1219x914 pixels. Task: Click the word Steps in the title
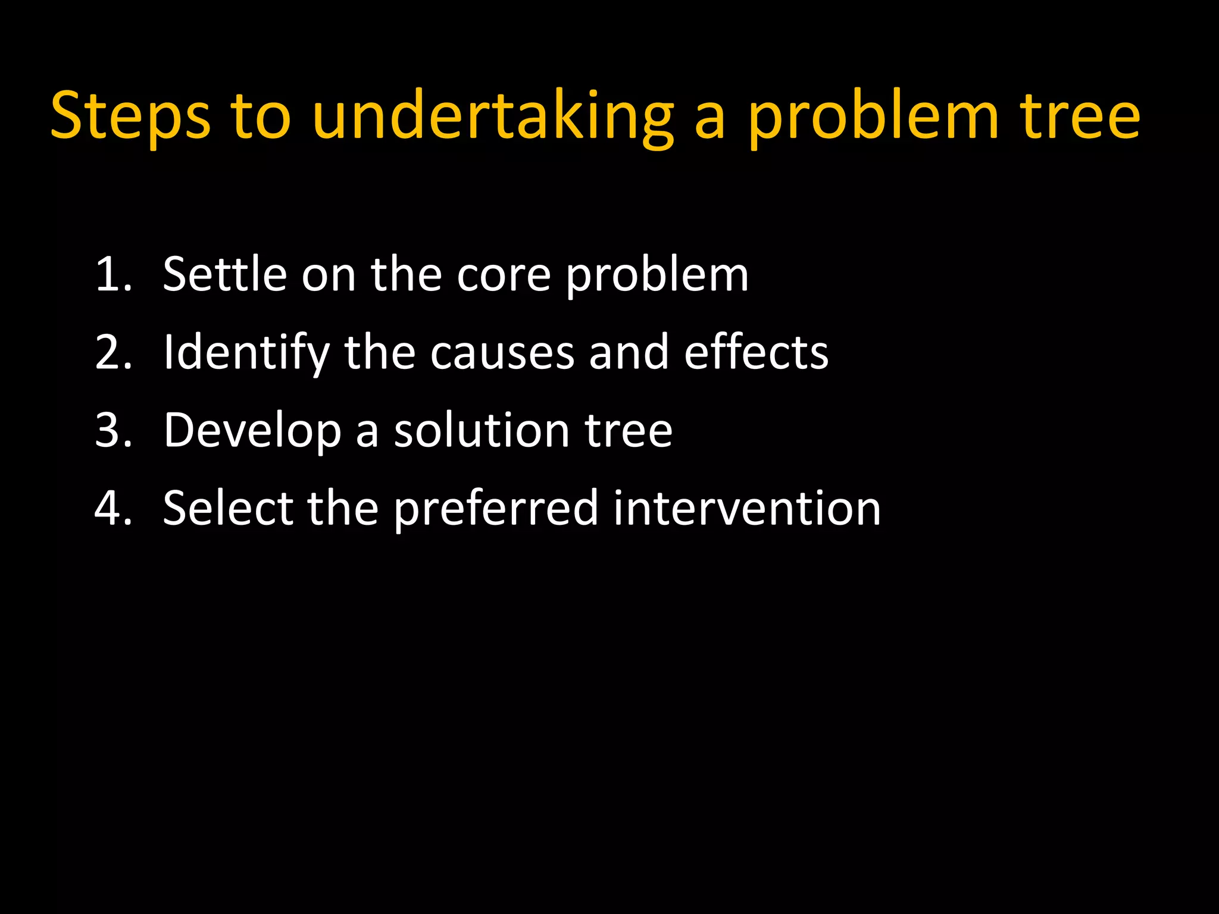(x=130, y=116)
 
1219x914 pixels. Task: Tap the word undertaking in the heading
(x=493, y=116)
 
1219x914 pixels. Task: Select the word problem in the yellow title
(x=873, y=116)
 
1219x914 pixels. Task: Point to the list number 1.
(x=113, y=274)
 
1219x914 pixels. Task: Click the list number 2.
(x=113, y=352)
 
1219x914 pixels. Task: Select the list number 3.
(x=113, y=430)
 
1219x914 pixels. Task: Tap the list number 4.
(x=113, y=508)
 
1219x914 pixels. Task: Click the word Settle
(x=224, y=274)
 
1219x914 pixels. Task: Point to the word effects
(x=756, y=352)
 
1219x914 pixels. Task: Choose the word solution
(x=482, y=430)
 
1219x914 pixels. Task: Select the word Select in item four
(x=228, y=508)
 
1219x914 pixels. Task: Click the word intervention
(x=746, y=508)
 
